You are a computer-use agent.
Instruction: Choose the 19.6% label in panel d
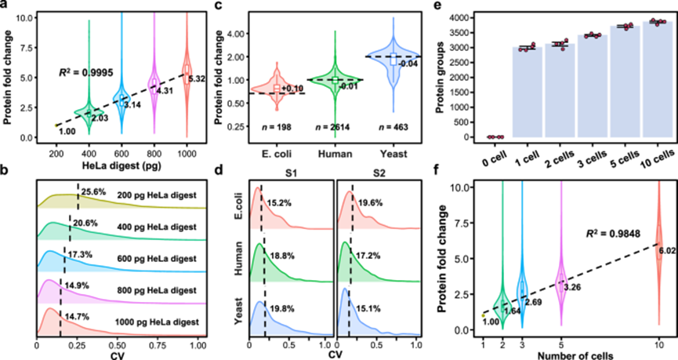click(x=368, y=202)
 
